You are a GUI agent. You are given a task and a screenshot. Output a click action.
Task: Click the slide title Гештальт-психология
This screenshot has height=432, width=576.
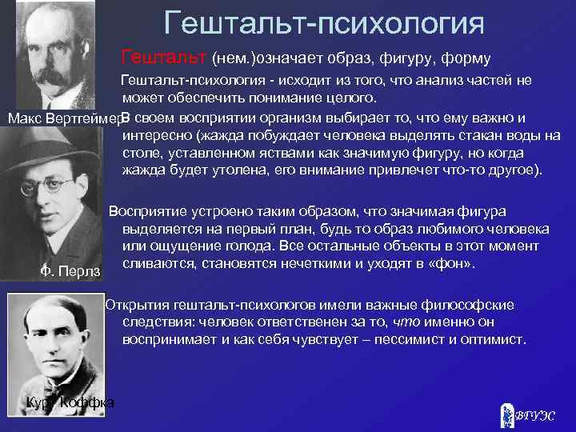[x=324, y=22]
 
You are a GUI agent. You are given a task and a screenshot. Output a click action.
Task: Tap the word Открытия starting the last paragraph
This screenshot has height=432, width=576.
[x=139, y=305]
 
